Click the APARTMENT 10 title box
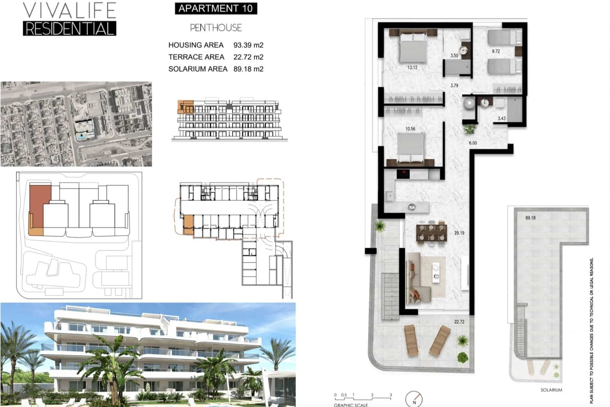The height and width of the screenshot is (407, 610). (x=216, y=8)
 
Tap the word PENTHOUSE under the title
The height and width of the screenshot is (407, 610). (x=216, y=28)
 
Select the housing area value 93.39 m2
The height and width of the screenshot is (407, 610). (x=248, y=45)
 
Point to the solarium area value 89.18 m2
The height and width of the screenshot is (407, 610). (x=248, y=69)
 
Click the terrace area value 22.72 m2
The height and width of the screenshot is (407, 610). (x=248, y=57)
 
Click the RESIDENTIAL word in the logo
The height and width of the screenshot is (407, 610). (x=69, y=29)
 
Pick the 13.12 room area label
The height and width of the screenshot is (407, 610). (x=412, y=68)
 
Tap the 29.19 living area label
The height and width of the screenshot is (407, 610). (x=459, y=233)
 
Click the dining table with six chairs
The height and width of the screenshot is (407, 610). (x=431, y=233)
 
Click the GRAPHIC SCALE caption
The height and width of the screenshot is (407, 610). (x=351, y=405)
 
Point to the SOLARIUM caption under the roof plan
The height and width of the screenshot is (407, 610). (x=551, y=390)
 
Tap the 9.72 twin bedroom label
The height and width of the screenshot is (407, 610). (x=496, y=51)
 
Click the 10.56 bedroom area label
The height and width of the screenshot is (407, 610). (x=410, y=129)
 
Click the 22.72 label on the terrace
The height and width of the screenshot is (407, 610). (x=459, y=322)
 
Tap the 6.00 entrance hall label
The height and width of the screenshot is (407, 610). (x=473, y=143)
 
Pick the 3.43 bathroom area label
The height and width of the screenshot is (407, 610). (x=501, y=118)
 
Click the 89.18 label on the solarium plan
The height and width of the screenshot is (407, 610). (x=530, y=218)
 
